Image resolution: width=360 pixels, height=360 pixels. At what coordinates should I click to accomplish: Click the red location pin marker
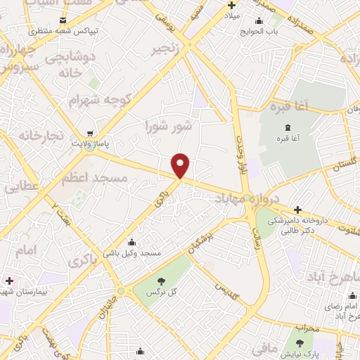click(x=181, y=165)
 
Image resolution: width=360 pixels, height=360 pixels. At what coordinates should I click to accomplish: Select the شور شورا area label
click(x=168, y=127)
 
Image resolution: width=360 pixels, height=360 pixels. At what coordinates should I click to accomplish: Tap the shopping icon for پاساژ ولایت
click(x=89, y=132)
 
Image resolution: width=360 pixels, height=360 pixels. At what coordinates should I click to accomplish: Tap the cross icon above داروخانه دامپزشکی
click(x=298, y=210)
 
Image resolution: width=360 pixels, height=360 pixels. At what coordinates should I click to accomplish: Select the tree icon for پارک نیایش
click(x=300, y=343)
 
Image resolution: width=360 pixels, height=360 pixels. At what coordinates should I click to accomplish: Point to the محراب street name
click(x=307, y=328)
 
